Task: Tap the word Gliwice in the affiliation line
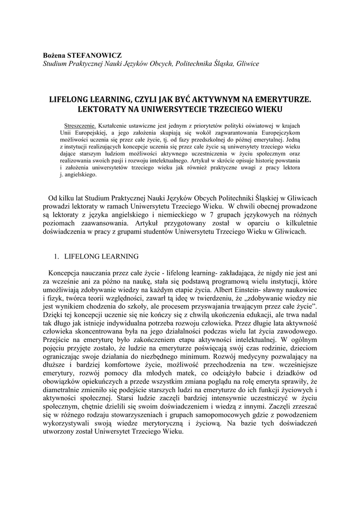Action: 245,64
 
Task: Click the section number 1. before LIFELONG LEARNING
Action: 56,256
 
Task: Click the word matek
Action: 168,373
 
